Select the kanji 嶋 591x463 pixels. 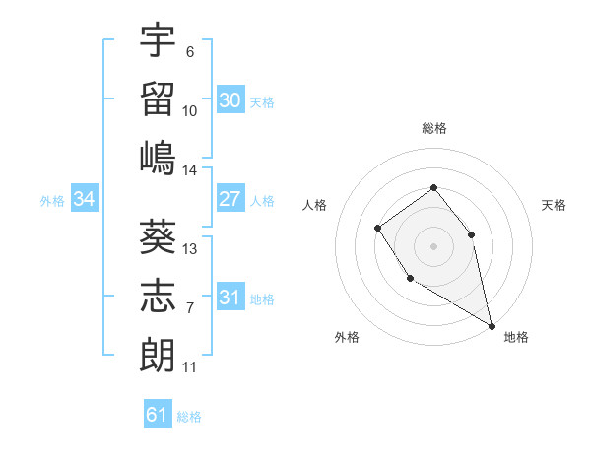coord(158,157)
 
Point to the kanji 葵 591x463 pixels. coord(158,235)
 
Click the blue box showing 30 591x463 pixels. coord(230,99)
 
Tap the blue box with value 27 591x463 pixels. coord(230,199)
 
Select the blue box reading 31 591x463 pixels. coord(230,298)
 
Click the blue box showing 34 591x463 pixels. coord(84,199)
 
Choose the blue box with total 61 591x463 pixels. coord(157,415)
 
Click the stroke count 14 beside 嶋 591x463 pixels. coord(190,169)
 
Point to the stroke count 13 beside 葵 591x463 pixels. coord(190,248)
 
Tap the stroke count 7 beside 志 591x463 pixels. coord(190,308)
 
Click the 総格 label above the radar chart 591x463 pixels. coord(433,128)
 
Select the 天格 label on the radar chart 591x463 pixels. coord(555,205)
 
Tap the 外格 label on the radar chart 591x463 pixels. coord(347,337)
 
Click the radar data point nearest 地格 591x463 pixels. coord(492,324)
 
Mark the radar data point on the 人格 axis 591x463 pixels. coord(378,229)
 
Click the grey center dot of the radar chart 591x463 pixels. coord(433,245)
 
